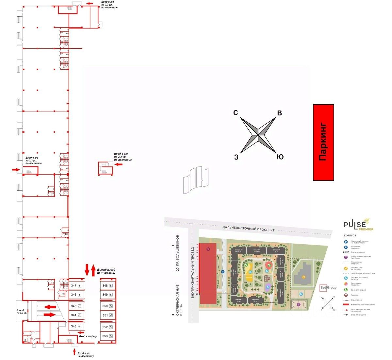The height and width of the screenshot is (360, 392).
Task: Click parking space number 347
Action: click(x=73, y=285)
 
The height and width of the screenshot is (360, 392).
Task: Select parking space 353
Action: click(x=105, y=336)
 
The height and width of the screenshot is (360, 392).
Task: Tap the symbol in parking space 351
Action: click(x=111, y=315)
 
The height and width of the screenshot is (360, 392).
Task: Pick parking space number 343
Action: click(x=73, y=326)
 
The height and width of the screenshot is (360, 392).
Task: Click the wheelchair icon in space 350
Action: click(x=111, y=306)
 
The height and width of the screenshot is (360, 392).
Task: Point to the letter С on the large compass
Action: click(x=236, y=113)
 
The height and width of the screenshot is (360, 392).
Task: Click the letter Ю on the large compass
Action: click(x=280, y=157)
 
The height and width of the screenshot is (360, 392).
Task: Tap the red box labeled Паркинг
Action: click(x=323, y=143)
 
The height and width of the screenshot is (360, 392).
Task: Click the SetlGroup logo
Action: click(x=328, y=288)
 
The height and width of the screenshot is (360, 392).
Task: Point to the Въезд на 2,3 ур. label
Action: click(x=22, y=311)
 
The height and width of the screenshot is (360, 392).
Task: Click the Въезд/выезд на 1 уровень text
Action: click(x=106, y=271)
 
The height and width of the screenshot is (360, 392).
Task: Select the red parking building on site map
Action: click(x=208, y=273)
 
